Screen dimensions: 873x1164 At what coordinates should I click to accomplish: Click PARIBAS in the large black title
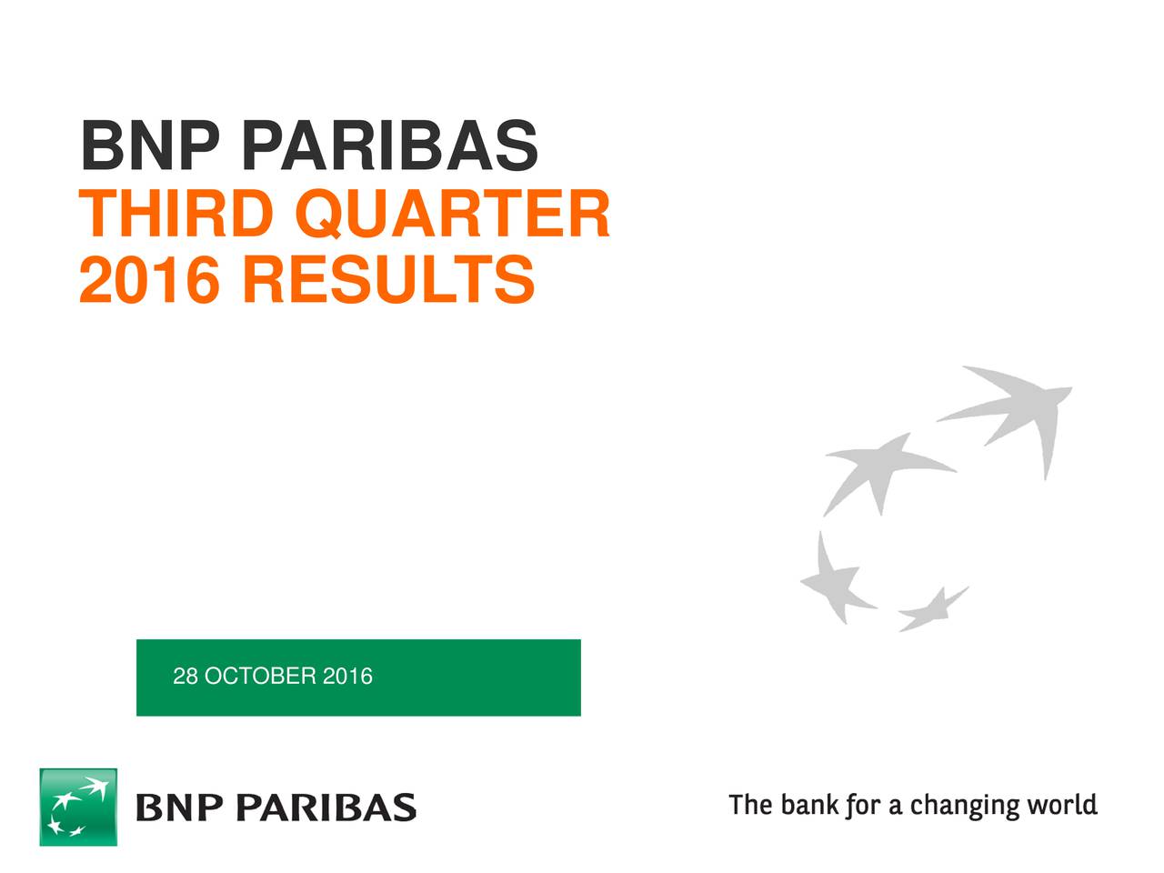(391, 146)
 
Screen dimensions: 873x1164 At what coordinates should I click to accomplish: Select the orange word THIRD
(177, 215)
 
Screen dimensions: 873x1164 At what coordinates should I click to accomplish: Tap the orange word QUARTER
(452, 215)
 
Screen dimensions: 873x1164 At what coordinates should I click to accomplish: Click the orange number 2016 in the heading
(149, 280)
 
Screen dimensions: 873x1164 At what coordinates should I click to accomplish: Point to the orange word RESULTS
(388, 280)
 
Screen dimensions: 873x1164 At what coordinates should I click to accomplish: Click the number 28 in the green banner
(185, 677)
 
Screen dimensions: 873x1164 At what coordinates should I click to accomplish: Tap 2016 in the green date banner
(347, 677)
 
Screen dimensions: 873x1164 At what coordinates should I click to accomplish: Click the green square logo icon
(78, 807)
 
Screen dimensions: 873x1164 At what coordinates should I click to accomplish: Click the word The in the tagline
(750, 806)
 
